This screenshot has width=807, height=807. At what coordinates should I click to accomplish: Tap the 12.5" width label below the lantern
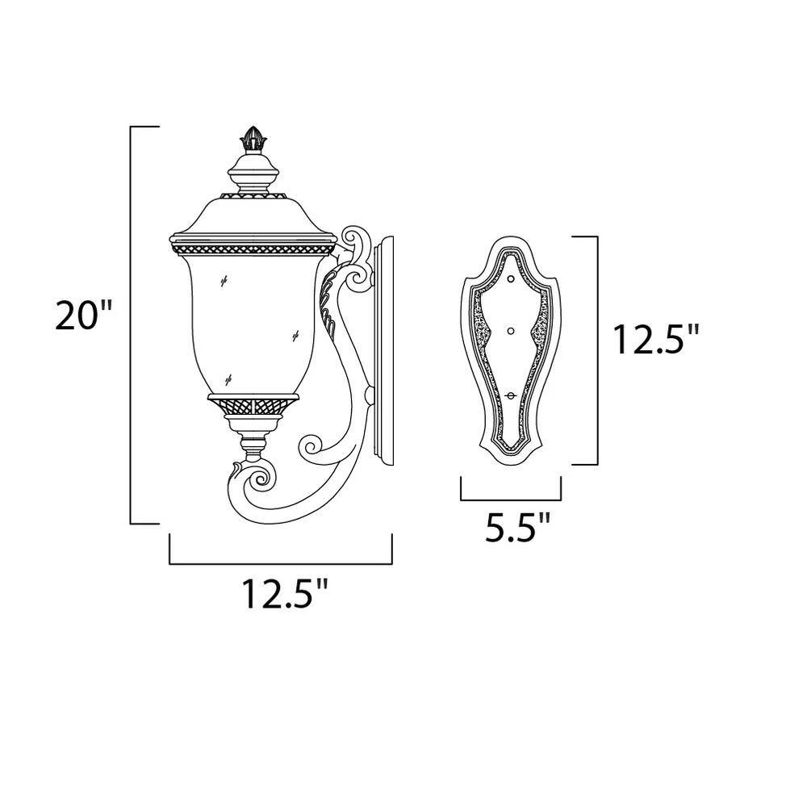click(285, 596)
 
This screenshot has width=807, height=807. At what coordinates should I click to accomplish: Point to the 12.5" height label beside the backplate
click(654, 341)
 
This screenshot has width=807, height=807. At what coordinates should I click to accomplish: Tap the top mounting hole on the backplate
click(511, 280)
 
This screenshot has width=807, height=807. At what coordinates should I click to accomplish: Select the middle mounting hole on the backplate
click(511, 330)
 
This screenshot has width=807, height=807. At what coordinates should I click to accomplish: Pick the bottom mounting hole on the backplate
click(511, 393)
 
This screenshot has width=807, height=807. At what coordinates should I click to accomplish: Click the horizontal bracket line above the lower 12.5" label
click(280, 563)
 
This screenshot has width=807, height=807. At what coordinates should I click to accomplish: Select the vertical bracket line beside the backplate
click(597, 350)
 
